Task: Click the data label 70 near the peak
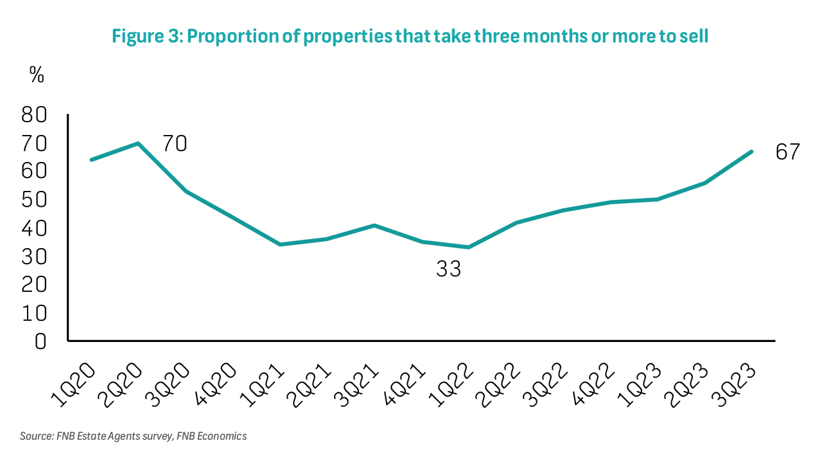tap(174, 143)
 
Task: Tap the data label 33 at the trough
tap(449, 269)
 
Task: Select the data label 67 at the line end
tap(787, 152)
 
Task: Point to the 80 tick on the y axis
tap(36, 115)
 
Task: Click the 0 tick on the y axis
tap(41, 341)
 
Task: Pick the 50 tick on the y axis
tap(36, 200)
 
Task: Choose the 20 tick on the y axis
tap(36, 285)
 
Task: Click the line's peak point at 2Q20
tap(138, 143)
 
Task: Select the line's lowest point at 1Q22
tap(469, 248)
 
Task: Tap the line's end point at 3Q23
tap(752, 152)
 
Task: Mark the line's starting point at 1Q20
tap(91, 159)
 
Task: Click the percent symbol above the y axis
tap(37, 75)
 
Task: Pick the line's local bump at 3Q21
tap(374, 225)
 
